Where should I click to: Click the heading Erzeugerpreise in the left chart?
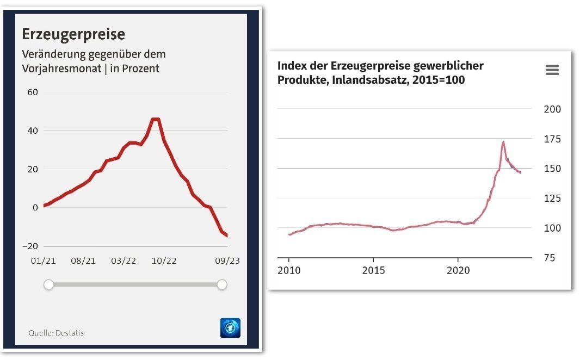[x=73, y=34]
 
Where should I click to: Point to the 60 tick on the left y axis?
[x=33, y=92]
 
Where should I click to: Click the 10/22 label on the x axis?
[x=164, y=261]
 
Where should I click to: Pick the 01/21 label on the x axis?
[x=43, y=261]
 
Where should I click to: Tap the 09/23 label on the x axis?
[x=227, y=261]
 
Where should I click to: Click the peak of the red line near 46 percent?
[x=156, y=119]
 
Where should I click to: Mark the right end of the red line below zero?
[x=227, y=235]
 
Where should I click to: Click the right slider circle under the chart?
[x=222, y=284]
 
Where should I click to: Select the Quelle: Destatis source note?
[x=56, y=333]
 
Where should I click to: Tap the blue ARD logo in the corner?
[x=230, y=328]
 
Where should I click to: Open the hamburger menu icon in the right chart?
[x=552, y=70]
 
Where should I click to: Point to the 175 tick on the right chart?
[x=552, y=139]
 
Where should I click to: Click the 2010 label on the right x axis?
[x=289, y=270]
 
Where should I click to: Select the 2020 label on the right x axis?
[x=458, y=270]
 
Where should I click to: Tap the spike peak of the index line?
[x=503, y=142]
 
